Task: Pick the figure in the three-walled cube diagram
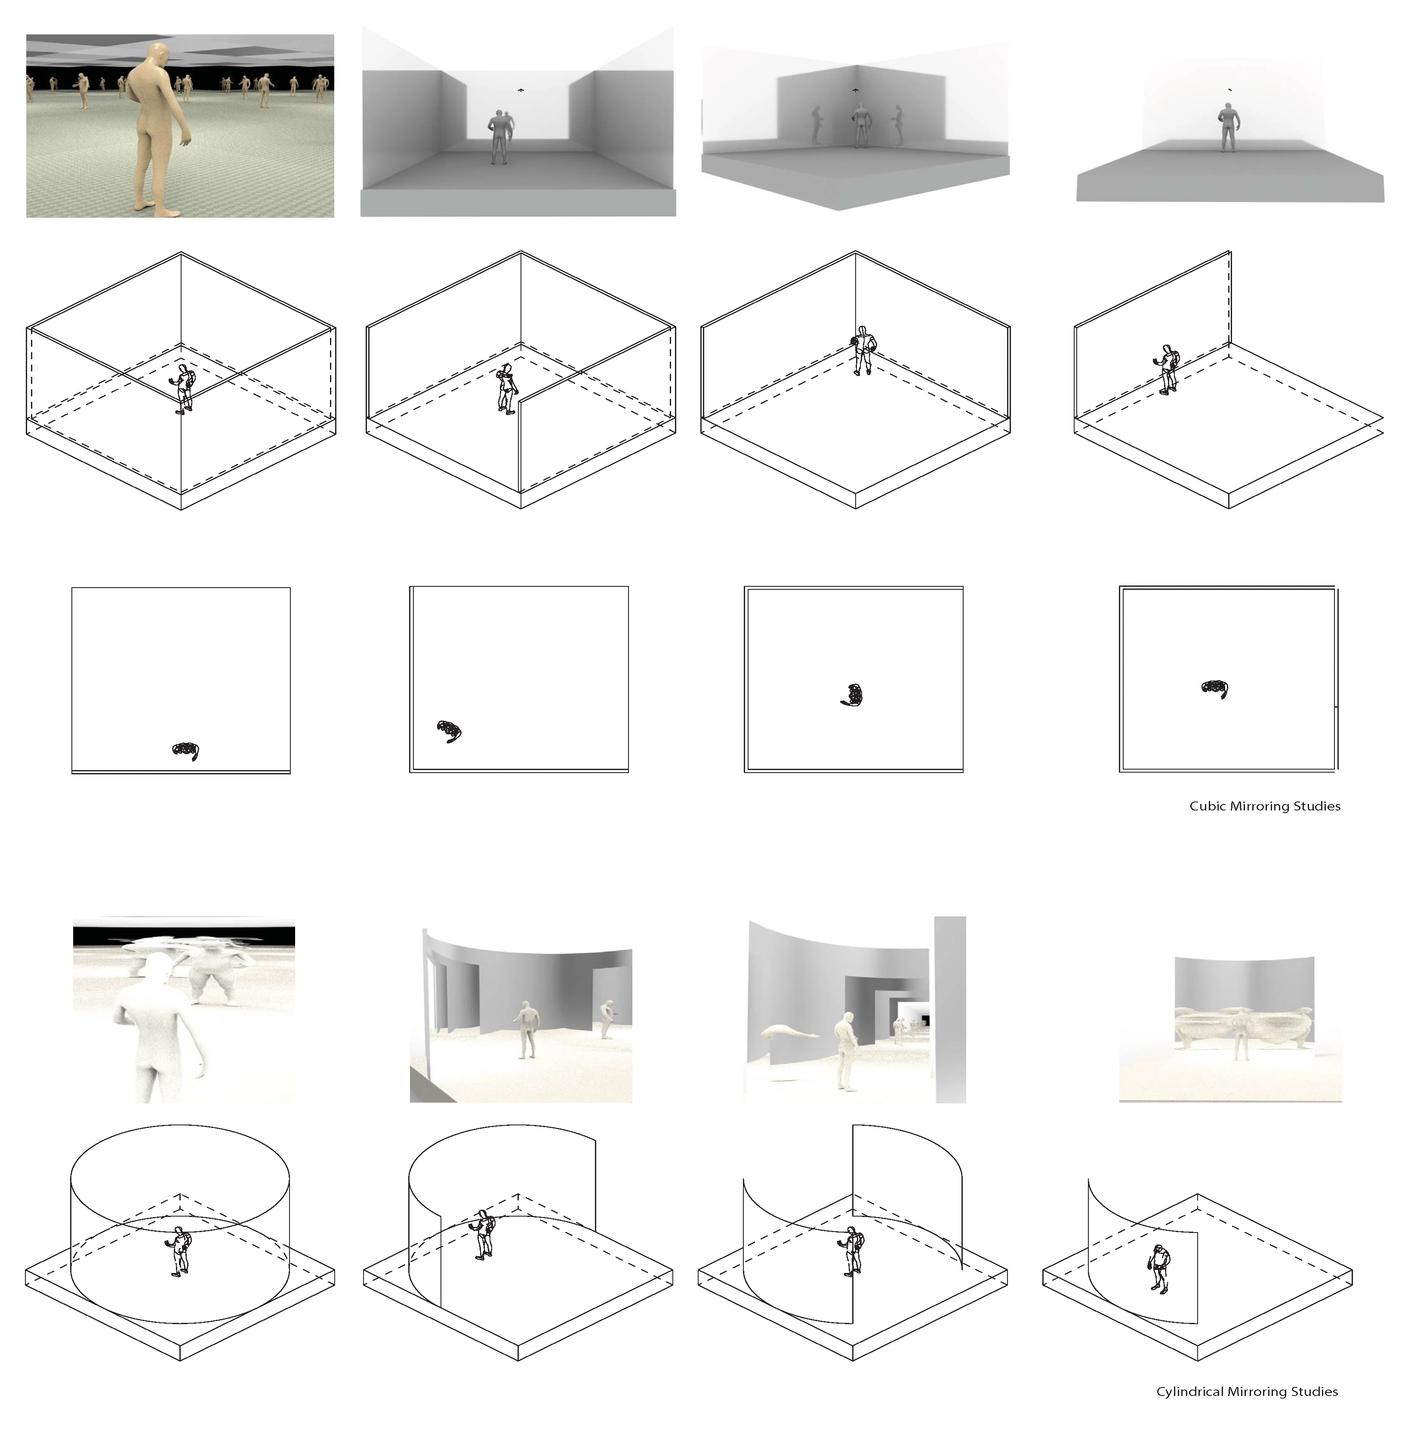coord(507,389)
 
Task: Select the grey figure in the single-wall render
coord(1228,127)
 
